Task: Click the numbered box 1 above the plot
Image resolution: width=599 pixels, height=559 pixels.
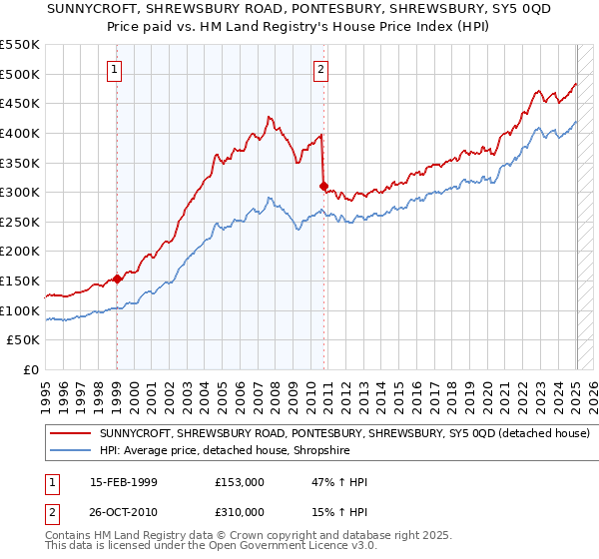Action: click(x=116, y=70)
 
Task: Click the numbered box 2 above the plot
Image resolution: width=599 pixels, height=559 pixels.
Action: click(x=320, y=70)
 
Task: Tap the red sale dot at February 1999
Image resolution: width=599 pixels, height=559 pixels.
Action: click(x=117, y=279)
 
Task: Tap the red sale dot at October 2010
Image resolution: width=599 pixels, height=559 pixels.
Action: click(x=323, y=186)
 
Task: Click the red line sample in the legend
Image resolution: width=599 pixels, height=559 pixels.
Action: click(x=71, y=434)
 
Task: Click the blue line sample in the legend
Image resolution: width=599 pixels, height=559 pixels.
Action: click(x=71, y=450)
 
